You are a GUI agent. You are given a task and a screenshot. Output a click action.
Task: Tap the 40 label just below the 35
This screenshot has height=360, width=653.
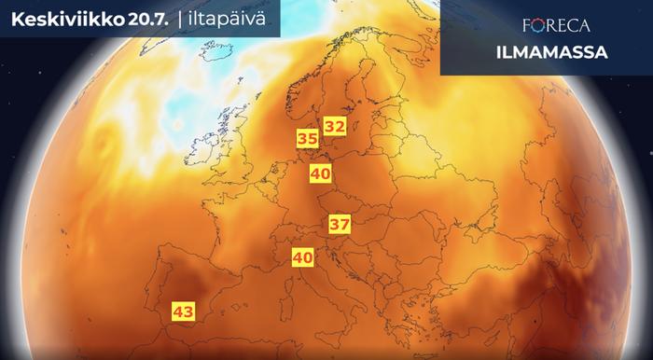pos(321,173)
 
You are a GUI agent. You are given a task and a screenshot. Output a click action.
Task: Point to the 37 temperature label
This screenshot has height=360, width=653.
pos(339,224)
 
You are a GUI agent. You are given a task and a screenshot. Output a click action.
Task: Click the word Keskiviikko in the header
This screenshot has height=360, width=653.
pos(62,18)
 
